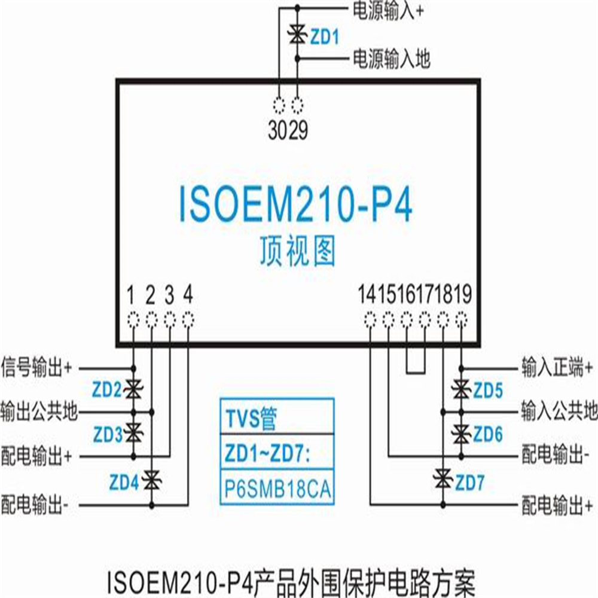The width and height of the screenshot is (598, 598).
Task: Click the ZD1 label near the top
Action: click(325, 37)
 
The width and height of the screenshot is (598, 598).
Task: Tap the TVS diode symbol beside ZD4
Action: click(152, 481)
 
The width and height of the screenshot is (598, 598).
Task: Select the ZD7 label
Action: click(470, 483)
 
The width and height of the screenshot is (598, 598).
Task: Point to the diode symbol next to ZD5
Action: click(461, 390)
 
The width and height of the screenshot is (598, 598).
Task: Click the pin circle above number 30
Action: click(279, 105)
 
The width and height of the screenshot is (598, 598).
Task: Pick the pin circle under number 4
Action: click(188, 319)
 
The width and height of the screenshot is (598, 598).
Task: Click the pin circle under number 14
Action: click(370, 319)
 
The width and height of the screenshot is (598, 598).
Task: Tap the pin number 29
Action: click(298, 130)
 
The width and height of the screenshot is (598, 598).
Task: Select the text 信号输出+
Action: click(36, 367)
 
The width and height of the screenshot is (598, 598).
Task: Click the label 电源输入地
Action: click(392, 59)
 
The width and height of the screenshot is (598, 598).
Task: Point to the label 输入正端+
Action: click(557, 367)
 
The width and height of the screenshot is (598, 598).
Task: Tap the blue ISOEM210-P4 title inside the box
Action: click(295, 203)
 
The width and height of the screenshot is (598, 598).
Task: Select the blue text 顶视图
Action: click(298, 251)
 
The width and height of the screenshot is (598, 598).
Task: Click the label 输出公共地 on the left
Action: click(39, 412)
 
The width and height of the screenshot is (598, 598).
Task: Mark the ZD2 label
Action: click(107, 390)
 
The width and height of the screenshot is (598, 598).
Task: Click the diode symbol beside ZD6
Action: click(461, 434)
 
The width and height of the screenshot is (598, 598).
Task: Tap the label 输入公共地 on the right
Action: click(559, 411)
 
